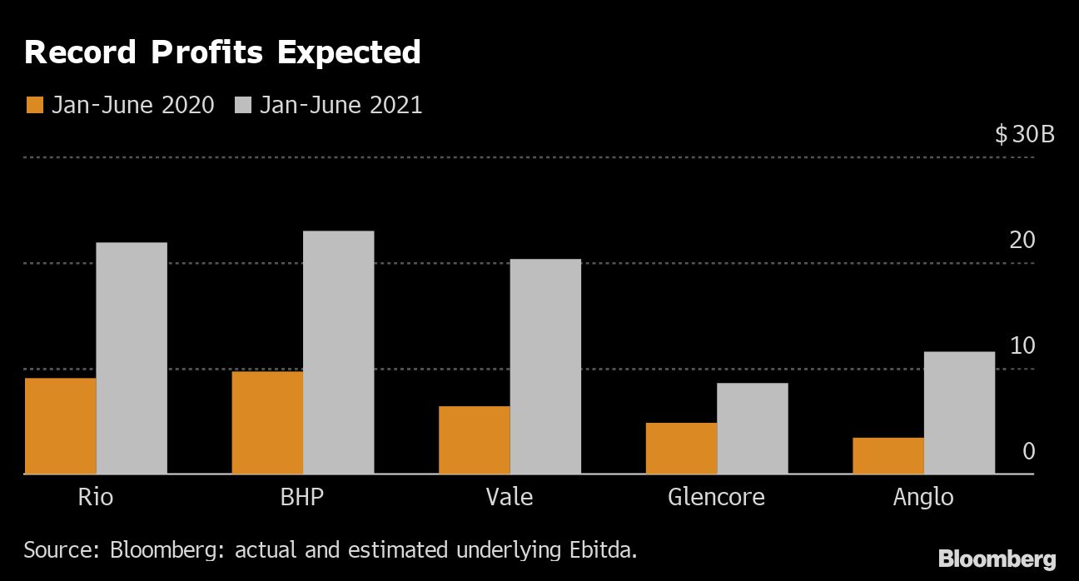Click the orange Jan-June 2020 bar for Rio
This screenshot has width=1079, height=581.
(60, 426)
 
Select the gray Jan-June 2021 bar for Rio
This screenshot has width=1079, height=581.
(132, 358)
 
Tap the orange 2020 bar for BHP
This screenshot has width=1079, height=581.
(267, 423)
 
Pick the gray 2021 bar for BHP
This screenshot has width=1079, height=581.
(338, 352)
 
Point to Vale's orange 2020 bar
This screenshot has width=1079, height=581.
(474, 440)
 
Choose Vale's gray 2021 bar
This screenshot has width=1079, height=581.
(545, 366)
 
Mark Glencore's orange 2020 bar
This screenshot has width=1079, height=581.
(681, 449)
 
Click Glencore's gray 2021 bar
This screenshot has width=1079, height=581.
(752, 429)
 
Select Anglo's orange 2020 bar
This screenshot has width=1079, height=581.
(888, 456)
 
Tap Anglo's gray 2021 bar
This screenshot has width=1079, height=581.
(959, 413)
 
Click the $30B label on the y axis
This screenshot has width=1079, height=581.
(1024, 134)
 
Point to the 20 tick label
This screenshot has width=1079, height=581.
(1022, 241)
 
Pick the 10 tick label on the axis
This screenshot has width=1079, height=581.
(1022, 346)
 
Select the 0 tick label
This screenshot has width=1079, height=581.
(1028, 452)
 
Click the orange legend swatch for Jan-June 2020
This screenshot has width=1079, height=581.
(35, 106)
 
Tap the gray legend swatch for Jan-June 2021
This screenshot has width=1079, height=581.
(243, 106)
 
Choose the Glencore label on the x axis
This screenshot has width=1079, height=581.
(716, 498)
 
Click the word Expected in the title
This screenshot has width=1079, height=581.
(349, 53)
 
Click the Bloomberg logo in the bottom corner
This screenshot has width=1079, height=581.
(997, 559)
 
